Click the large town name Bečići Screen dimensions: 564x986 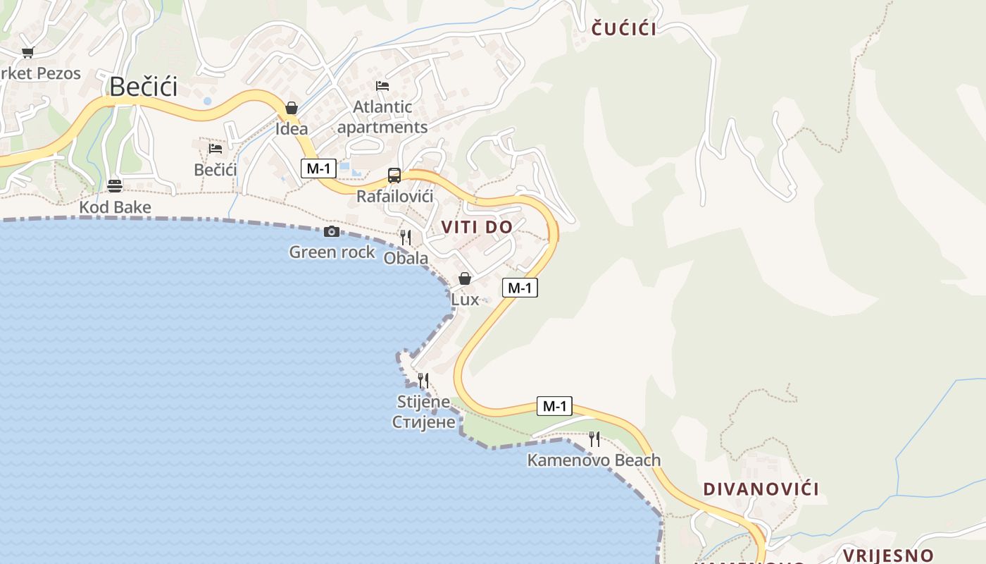pos(144,87)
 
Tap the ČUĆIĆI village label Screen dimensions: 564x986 pos(624,29)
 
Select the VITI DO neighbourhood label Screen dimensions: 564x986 pos(477,227)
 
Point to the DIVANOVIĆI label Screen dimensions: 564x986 pos(761,489)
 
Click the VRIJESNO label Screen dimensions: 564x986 pos(888,555)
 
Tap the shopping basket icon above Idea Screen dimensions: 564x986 pos(292,108)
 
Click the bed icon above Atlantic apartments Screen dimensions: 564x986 pos(382,86)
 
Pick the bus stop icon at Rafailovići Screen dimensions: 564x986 pos(394,176)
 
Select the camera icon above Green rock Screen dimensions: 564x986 pos(332,231)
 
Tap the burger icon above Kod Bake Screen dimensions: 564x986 pos(115,186)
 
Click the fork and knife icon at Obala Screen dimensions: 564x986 pos(406,238)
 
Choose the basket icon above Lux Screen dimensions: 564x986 pos(465,278)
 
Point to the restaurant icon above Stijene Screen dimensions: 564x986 pos(423,381)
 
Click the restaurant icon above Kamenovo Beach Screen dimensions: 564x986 pos(594,439)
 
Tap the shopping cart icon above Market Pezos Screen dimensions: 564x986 pos(28,52)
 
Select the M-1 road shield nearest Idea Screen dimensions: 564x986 pos(318,168)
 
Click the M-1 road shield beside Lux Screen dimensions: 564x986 pos(520,288)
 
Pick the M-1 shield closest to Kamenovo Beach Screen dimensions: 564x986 pos(554,406)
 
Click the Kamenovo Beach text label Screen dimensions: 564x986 pos(594,461)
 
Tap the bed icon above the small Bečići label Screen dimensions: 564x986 pos(216,148)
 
